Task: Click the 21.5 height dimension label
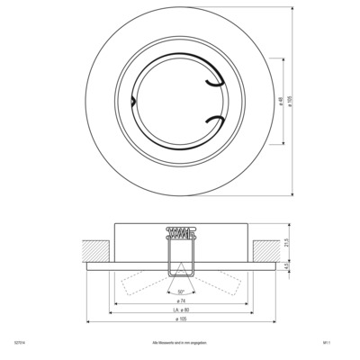point(286,242)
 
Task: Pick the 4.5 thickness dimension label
point(286,266)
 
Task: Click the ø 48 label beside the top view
point(281,104)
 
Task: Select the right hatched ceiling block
point(267,247)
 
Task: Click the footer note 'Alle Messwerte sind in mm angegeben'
point(180,343)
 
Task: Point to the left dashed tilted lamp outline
point(135,283)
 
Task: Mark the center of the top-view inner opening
point(180,103)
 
